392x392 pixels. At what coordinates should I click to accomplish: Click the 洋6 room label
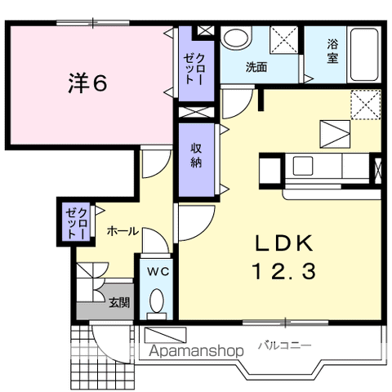(x=87, y=83)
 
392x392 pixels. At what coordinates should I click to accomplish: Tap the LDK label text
(x=284, y=243)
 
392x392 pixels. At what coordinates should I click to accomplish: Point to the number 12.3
(x=284, y=271)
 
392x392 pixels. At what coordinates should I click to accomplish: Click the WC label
(x=158, y=272)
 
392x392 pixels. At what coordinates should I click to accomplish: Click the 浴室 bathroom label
(x=332, y=51)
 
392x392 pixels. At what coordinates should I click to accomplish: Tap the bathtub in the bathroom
(x=364, y=54)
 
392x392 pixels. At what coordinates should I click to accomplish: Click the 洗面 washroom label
(x=256, y=67)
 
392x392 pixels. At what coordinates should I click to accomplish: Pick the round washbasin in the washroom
(x=235, y=38)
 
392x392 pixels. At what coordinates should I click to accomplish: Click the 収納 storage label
(x=196, y=155)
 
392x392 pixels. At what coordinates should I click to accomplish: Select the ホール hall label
(x=122, y=232)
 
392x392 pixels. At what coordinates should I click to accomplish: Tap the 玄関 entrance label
(x=119, y=302)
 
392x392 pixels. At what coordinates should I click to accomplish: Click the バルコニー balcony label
(x=284, y=346)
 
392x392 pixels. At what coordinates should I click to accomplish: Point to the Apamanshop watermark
(x=196, y=351)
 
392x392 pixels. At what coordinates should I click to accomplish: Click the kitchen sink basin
(x=303, y=166)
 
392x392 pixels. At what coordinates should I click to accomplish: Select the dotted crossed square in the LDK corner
(x=366, y=105)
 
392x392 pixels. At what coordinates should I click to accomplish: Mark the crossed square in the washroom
(x=284, y=40)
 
